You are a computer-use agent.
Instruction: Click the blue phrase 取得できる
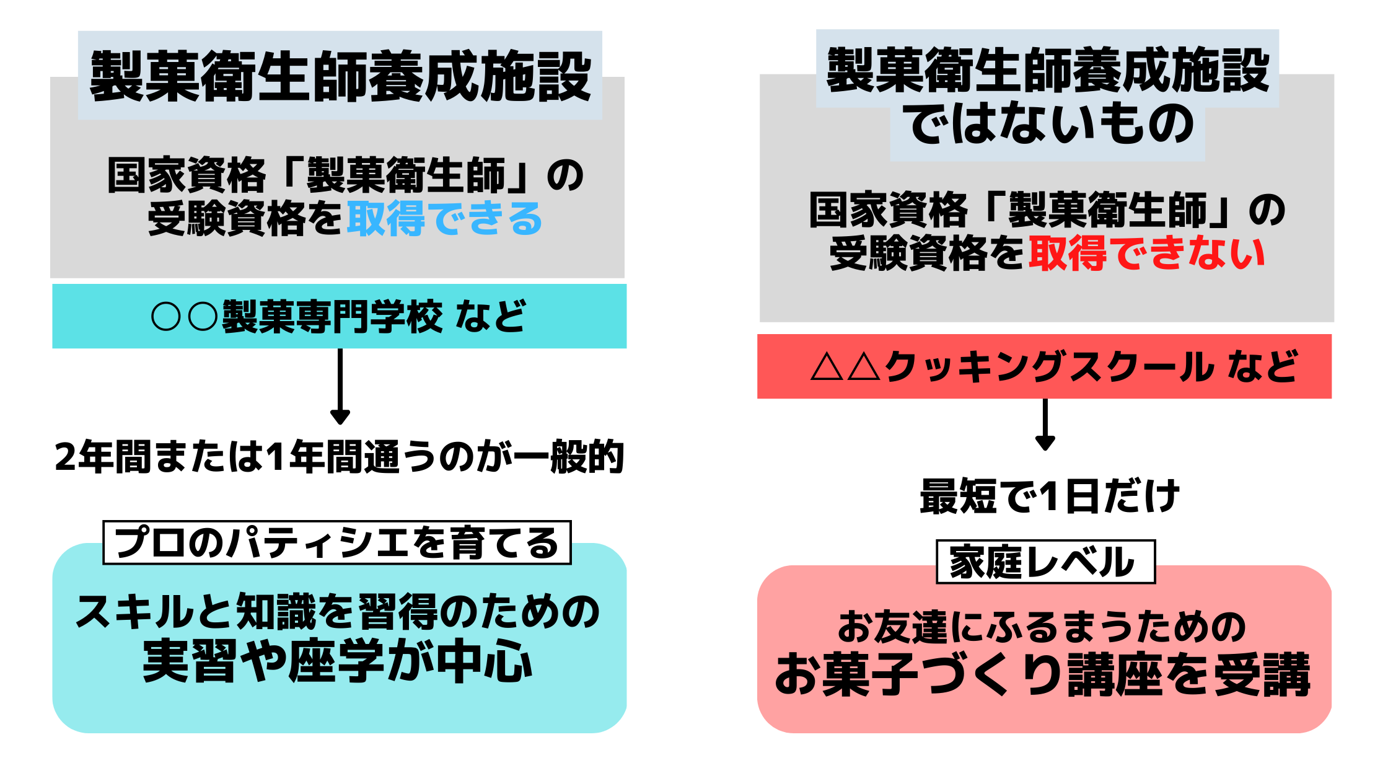coord(444,219)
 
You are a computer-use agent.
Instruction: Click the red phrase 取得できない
coord(1146,254)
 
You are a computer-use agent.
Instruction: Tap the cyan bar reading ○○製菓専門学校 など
coord(339,316)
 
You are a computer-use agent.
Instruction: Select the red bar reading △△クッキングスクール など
coord(1044,366)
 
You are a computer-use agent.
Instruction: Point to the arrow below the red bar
coord(1045,425)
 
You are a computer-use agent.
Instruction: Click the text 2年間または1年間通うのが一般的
coord(339,457)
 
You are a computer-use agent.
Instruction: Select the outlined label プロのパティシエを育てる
coord(336,542)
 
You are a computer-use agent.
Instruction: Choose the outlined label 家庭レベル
coord(1045,562)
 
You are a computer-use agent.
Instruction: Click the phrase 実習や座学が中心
coord(338,662)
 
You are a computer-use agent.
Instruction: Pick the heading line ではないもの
coord(1047,125)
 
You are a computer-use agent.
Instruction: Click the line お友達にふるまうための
coord(1042,627)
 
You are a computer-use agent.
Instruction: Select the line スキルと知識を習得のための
coord(338,612)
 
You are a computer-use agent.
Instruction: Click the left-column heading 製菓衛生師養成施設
coord(340,76)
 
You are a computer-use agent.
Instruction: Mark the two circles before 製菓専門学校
coord(184,317)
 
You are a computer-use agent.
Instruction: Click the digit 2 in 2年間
coord(65,457)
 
